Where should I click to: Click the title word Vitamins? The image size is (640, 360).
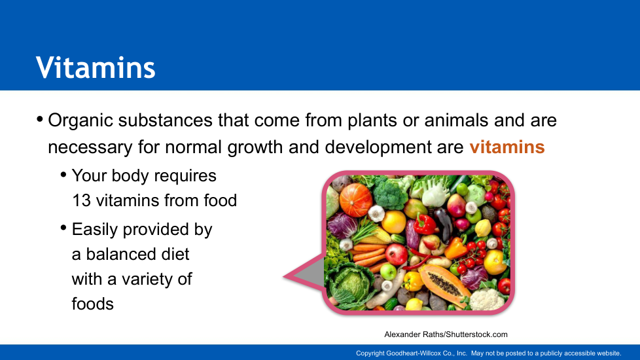click(96, 67)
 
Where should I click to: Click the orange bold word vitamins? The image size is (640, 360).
click(507, 147)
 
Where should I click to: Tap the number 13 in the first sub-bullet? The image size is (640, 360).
click(81, 200)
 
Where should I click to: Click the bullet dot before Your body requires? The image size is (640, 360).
click(63, 175)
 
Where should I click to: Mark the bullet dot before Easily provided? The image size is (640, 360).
click(63, 228)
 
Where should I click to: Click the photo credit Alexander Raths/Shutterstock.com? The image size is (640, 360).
click(446, 334)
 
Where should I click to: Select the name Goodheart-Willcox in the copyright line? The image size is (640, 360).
click(414, 353)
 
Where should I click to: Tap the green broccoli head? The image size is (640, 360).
click(390, 192)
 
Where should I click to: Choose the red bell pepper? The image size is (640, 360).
click(425, 224)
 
